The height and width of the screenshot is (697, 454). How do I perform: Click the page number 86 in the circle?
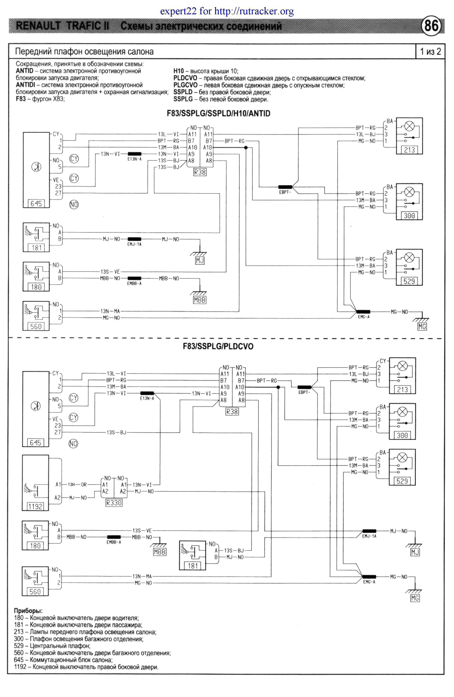(x=431, y=26)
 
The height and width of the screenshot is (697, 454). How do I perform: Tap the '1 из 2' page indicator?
(x=430, y=52)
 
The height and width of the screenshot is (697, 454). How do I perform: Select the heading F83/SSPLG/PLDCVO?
(x=218, y=346)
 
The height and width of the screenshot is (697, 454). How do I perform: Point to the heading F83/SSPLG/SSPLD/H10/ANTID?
(x=218, y=113)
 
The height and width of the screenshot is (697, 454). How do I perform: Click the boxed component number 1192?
(x=35, y=506)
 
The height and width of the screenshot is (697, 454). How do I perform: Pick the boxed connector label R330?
(x=114, y=503)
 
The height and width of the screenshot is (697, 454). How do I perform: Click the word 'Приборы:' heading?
(x=28, y=611)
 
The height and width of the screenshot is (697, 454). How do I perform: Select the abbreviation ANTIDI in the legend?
(x=25, y=85)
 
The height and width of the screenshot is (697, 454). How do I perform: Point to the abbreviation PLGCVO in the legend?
(x=185, y=85)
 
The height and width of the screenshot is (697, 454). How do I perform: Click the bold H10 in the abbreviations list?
(x=178, y=71)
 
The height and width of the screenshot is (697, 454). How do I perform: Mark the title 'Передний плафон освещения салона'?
(x=84, y=52)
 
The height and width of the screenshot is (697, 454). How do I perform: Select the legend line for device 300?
(x=78, y=639)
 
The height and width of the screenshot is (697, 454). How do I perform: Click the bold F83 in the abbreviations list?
(x=21, y=99)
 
